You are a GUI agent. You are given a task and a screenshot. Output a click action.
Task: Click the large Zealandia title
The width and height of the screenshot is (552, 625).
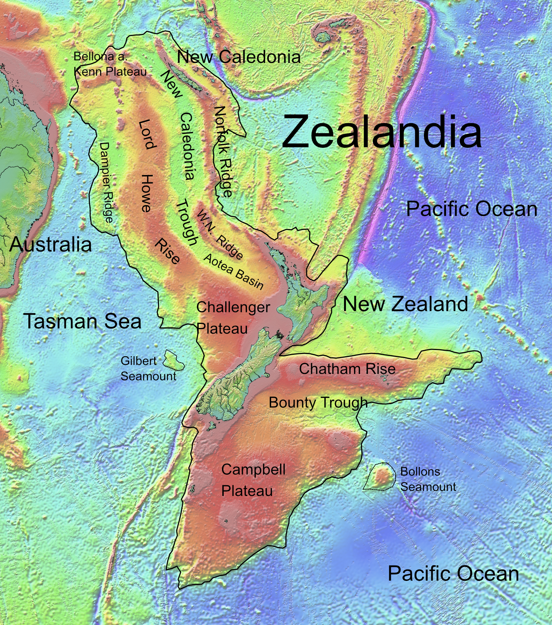382,132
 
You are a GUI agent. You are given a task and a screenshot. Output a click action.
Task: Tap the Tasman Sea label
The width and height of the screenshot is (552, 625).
82,321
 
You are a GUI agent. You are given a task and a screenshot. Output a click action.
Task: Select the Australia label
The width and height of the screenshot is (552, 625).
51,244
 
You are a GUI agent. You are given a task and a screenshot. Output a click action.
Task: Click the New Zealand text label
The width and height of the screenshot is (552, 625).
405,304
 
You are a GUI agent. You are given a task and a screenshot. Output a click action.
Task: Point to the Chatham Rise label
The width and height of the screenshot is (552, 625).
347,369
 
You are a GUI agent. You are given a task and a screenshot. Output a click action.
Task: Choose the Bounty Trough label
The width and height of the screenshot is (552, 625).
318,403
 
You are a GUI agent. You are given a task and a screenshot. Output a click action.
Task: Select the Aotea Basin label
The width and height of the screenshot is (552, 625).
233,271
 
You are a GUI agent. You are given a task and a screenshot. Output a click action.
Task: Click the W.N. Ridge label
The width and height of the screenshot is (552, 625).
220,234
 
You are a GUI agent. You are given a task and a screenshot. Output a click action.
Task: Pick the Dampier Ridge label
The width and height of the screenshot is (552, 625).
106,182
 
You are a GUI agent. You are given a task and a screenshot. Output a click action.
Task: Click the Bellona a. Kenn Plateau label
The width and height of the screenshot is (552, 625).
110,64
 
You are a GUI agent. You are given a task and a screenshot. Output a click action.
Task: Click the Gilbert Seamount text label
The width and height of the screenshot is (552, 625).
148,368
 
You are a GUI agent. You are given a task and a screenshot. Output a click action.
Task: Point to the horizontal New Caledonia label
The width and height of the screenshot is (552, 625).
238,57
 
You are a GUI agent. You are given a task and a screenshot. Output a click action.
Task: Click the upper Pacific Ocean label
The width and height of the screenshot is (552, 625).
471,209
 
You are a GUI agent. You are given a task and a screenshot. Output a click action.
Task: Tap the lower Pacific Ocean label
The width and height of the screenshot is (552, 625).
453,574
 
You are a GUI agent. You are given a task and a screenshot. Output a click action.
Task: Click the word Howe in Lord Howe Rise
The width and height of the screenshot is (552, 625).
146,193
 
